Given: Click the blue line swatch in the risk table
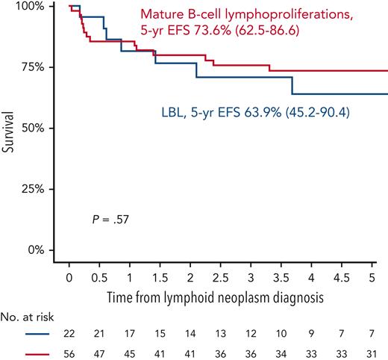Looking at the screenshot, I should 31,336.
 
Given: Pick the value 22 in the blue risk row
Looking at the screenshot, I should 69,336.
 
